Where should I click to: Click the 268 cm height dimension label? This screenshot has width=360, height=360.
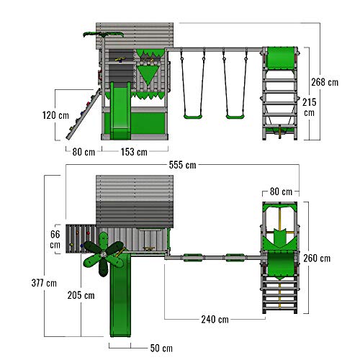tap(325, 82)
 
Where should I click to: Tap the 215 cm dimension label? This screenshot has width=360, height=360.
tap(310, 107)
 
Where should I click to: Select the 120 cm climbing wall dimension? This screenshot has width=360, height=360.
tap(55, 115)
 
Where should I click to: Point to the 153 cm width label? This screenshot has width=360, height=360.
tap(134, 152)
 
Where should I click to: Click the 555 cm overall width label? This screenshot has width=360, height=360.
tap(183, 165)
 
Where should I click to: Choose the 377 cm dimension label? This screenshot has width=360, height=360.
tap(44, 283)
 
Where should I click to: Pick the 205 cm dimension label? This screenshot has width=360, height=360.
tap(81, 295)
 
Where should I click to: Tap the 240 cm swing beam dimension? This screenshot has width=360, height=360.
tap(215, 320)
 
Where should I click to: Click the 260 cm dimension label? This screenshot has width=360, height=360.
tap(317, 258)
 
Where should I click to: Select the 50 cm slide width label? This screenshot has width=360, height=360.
tap(161, 348)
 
